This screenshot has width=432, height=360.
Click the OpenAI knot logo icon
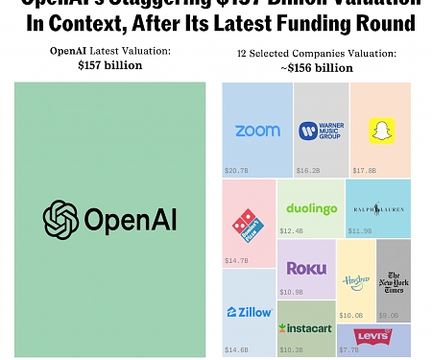pyautogui.click(x=61, y=220)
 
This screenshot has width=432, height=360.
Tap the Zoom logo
pyautogui.click(x=257, y=131)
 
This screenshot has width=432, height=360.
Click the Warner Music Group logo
pyautogui.click(x=321, y=131)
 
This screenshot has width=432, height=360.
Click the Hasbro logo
pyautogui.click(x=355, y=280)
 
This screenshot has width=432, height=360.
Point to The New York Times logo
pyautogui.click(x=393, y=279)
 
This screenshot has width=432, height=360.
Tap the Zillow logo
pyautogui.click(x=250, y=312)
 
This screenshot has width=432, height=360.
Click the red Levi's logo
pyautogui.click(x=372, y=336)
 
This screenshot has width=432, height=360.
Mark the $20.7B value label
pyautogui.click(x=236, y=170)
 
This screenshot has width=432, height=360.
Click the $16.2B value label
pyautogui.click(x=307, y=170)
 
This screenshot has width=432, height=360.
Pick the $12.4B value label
pyautogui.click(x=291, y=230)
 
